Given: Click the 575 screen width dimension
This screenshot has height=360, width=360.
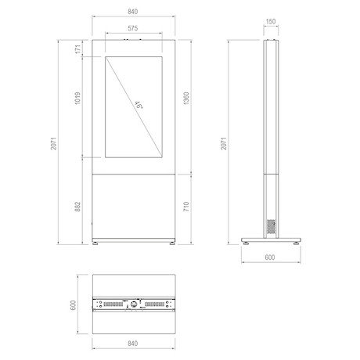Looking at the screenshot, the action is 133,28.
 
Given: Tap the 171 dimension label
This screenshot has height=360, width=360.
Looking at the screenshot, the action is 78,49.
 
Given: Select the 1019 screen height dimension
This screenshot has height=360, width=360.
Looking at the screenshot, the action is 77,99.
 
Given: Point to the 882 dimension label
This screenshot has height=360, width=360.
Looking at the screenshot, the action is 77,207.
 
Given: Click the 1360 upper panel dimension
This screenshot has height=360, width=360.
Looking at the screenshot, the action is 186,99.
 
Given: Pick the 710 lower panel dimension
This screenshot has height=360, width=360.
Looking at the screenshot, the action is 186,207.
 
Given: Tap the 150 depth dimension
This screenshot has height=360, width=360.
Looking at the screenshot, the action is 271,21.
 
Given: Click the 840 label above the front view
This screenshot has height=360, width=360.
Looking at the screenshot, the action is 133,12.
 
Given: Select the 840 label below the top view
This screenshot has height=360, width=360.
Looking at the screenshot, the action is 133,344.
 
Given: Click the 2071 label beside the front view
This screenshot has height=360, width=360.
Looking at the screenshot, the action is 53,143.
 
